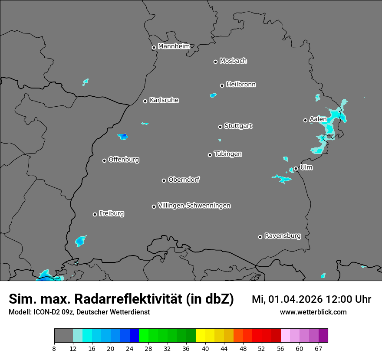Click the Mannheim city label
[x=174, y=46]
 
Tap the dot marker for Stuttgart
[x=220, y=127]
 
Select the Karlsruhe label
[x=164, y=100]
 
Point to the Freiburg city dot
[x=95, y=214]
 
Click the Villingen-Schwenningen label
[x=194, y=206]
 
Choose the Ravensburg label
[x=283, y=236]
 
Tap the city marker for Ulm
[x=296, y=168]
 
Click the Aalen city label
[x=318, y=119]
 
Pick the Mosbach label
[x=233, y=61]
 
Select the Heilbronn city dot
[x=222, y=85]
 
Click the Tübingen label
[x=228, y=154]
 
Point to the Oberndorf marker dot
[x=164, y=180]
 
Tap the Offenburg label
[x=124, y=159]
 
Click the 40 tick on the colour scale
[x=205, y=348]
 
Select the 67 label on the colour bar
[x=319, y=348]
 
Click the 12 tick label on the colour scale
[x=73, y=348]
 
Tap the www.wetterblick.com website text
[x=313, y=312]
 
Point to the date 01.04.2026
[x=293, y=299]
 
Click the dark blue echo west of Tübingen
[x=123, y=137]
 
